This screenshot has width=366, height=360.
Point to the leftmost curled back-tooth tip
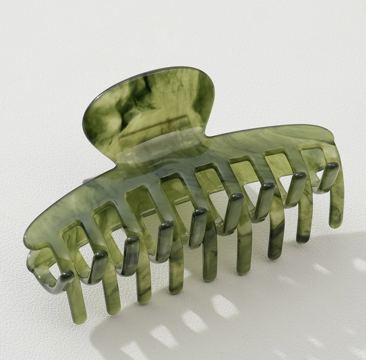coord(67,277)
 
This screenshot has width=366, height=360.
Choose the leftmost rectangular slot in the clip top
coord(72,235)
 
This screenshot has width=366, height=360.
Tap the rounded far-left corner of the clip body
coord(28,236)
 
